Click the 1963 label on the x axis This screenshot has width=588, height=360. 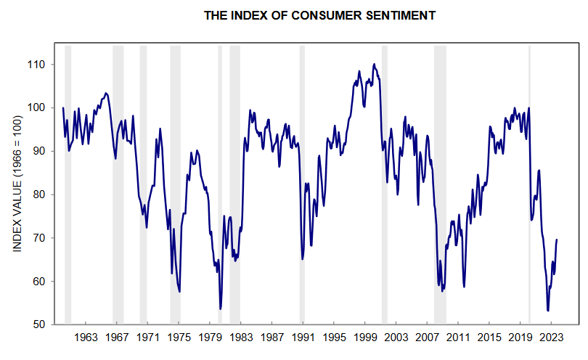point(86,338)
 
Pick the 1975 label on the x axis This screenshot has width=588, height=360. point(179,338)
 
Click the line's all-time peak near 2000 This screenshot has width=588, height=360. point(374,64)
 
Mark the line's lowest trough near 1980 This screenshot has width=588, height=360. point(220,308)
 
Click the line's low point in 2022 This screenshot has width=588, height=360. point(548,311)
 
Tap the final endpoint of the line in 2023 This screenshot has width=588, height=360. point(557,240)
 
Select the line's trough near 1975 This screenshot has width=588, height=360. point(179,291)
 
